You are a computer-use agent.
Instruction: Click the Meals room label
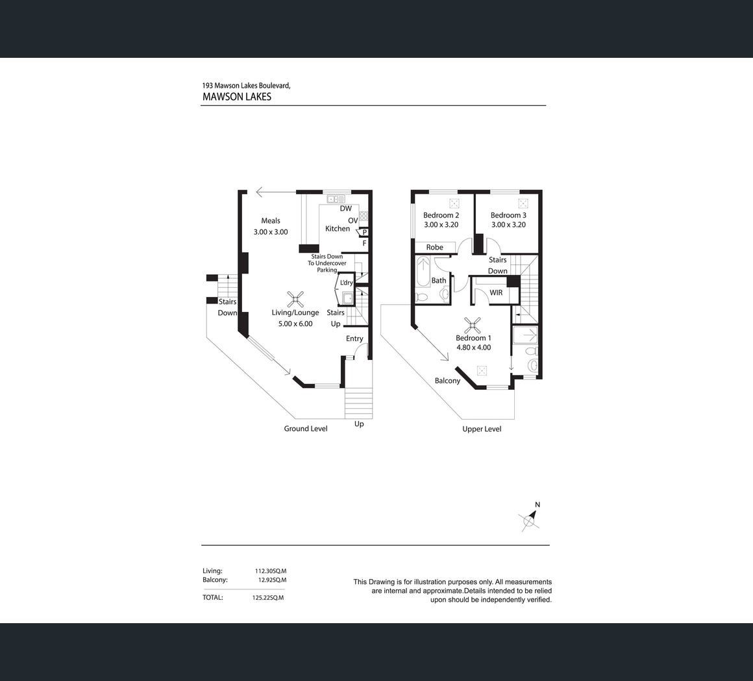[271, 220]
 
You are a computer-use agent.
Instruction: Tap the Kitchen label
[338, 229]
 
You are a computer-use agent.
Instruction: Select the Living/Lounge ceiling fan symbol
[295, 299]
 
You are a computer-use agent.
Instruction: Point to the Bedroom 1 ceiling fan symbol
[473, 326]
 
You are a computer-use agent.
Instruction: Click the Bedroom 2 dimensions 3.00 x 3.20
[441, 224]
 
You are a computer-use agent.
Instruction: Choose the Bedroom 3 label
[508, 215]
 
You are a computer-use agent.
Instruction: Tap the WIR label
[496, 292]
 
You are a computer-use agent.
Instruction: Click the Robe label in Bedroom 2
[435, 247]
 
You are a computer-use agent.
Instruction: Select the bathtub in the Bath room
[423, 272]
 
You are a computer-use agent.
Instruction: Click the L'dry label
[346, 283]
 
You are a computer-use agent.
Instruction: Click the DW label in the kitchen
[346, 209]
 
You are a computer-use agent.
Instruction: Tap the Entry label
[354, 339]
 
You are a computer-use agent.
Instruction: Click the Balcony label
[447, 381]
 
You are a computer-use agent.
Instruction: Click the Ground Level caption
[306, 429]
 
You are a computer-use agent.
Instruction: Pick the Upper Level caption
[482, 429]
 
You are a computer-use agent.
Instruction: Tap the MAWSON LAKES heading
[237, 97]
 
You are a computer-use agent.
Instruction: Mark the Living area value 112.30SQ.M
[271, 571]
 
